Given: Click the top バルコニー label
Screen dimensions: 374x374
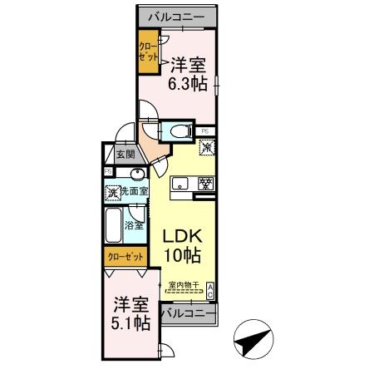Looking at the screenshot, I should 177,17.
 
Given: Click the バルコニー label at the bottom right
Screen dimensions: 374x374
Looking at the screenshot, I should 187,313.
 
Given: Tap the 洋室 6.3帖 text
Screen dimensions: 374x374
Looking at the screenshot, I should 185,72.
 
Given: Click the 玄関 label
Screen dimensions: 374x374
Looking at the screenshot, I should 125,155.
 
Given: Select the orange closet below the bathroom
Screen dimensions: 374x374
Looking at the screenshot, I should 125,257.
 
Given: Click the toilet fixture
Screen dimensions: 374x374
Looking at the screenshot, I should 178,130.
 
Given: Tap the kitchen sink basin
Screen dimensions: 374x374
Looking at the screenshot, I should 181,183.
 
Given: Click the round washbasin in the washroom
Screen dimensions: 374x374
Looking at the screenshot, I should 136,174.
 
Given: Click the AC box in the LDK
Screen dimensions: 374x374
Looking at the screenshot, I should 211,290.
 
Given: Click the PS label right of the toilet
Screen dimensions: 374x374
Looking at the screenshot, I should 204,130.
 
